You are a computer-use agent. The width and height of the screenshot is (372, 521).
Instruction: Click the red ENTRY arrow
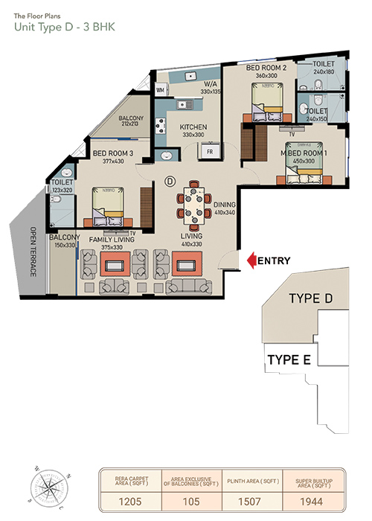click(x=251, y=260)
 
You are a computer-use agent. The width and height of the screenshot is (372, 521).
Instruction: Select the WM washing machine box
click(x=160, y=90)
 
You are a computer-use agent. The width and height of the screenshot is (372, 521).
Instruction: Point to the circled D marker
click(x=170, y=181)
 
